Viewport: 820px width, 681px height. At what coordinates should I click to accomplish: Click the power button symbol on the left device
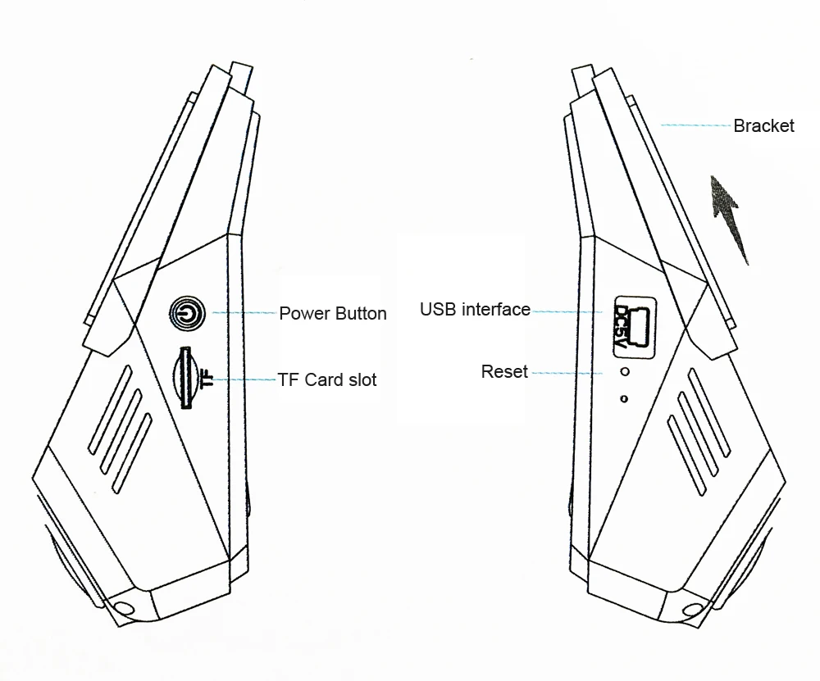click(x=187, y=314)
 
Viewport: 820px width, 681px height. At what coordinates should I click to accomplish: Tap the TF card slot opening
click(x=184, y=377)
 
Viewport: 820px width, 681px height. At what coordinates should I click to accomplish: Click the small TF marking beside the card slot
click(x=206, y=379)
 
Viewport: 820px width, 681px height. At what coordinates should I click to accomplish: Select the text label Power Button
click(x=333, y=314)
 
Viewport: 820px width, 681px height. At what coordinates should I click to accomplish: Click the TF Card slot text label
click(x=327, y=380)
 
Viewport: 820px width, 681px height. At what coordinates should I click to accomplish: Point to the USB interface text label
click(x=475, y=310)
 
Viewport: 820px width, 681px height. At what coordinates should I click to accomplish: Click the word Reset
click(x=504, y=371)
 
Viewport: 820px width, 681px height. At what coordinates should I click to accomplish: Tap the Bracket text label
click(x=763, y=126)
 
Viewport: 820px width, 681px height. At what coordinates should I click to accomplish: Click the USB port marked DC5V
click(x=635, y=328)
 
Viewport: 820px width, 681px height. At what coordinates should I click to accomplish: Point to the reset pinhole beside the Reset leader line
click(x=624, y=372)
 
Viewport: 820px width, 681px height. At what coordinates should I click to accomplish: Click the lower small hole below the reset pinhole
click(x=623, y=399)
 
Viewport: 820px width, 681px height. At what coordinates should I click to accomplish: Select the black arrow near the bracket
click(x=728, y=219)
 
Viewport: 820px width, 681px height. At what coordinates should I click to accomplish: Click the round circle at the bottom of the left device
click(x=124, y=608)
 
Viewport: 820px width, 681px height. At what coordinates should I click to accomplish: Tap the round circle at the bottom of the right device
click(x=692, y=610)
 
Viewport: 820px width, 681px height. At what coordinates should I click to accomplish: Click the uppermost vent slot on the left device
click(x=110, y=410)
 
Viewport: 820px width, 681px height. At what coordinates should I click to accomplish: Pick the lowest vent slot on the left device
click(x=132, y=453)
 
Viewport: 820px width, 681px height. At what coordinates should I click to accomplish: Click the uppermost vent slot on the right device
click(x=708, y=413)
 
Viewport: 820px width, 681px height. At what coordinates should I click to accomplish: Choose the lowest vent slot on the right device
click(x=687, y=455)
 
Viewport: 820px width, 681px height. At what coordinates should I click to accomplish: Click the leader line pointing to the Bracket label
click(x=695, y=125)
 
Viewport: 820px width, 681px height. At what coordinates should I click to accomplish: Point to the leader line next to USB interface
click(x=568, y=311)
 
